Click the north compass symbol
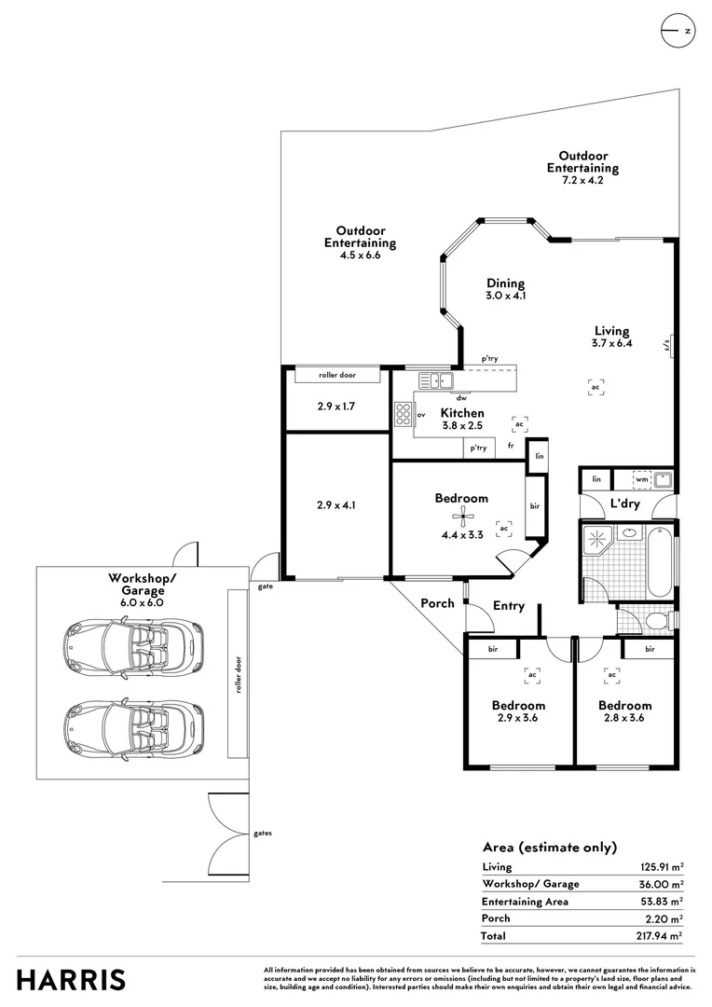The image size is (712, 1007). click(x=678, y=31)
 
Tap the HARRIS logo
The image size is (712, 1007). click(x=71, y=980)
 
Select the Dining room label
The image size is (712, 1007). click(x=505, y=283)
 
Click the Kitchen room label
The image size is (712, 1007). click(x=462, y=413)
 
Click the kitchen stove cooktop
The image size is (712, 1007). click(x=403, y=414)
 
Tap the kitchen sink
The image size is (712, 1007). click(x=435, y=379)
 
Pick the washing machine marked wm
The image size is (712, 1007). click(x=641, y=479)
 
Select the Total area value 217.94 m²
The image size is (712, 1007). click(x=657, y=935)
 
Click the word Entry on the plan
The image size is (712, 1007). click(x=509, y=606)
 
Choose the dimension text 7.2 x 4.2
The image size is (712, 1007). click(x=582, y=181)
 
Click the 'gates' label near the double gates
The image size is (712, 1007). click(x=263, y=833)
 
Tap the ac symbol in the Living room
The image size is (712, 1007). click(x=596, y=386)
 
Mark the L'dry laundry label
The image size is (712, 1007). click(x=623, y=504)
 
